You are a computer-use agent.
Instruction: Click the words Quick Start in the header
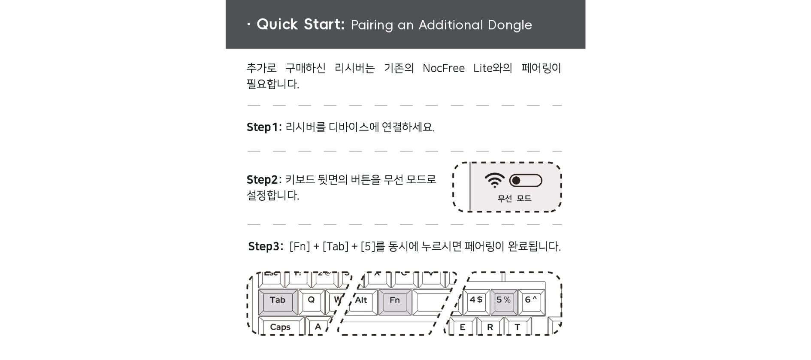click(300, 24)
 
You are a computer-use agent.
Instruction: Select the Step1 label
click(264, 127)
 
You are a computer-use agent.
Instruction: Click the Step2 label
click(264, 180)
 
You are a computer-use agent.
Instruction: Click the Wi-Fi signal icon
click(495, 180)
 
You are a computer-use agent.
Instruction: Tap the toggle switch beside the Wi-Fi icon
click(526, 181)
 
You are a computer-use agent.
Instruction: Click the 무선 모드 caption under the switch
click(514, 198)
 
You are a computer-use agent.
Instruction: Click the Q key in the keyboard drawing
click(312, 302)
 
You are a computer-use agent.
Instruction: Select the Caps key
click(281, 327)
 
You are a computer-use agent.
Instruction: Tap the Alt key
click(361, 302)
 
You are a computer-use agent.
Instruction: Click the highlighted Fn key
click(395, 302)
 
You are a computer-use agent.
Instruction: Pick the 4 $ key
click(476, 302)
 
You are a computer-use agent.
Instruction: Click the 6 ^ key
click(532, 302)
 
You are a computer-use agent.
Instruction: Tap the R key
click(490, 327)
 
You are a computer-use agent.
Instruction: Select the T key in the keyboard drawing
click(517, 327)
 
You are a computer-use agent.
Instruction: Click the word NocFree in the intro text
click(444, 68)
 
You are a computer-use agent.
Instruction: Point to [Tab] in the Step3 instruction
click(336, 246)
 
